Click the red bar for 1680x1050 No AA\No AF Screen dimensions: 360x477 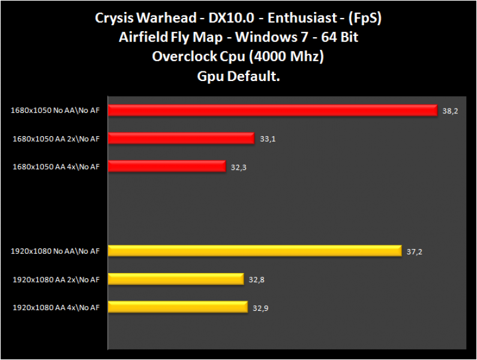tap(272, 110)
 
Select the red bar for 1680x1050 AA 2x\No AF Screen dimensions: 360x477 tap(181, 139)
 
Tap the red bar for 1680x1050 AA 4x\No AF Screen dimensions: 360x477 tap(167, 166)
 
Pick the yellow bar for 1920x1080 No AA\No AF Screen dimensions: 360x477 tap(254, 251)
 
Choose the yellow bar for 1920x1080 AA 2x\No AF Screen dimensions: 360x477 tap(176, 279)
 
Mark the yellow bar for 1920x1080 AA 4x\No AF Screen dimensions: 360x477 tap(178, 307)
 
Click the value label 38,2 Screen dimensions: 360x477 tap(450, 111)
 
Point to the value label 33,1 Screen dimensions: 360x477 tap(268, 139)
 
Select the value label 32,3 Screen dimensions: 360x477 tap(239, 167)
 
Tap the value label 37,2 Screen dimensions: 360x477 tap(415, 252)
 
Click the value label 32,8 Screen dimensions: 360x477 tap(257, 280)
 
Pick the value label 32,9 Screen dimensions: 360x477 tap(260, 308)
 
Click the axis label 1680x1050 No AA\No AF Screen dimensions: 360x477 tap(55, 110)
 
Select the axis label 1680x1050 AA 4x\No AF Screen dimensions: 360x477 tap(56, 166)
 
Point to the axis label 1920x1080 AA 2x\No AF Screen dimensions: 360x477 tap(55, 279)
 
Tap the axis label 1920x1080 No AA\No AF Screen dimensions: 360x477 tap(55, 251)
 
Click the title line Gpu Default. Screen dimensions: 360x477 tap(238, 76)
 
